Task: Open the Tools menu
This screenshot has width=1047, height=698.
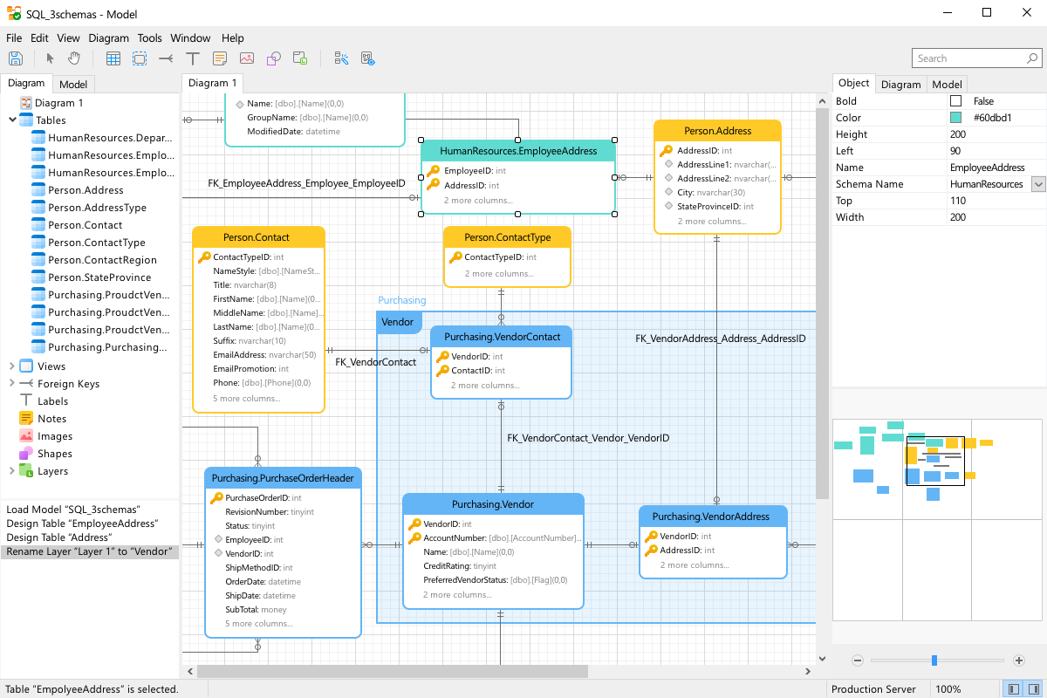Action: point(149,38)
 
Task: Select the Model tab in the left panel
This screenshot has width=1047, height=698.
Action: point(73,85)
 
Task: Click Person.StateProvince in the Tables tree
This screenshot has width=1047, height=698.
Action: point(99,277)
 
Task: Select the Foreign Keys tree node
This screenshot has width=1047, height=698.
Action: point(68,384)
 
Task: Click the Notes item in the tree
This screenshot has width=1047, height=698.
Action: point(52,419)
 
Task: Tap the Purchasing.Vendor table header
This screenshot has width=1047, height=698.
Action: point(492,504)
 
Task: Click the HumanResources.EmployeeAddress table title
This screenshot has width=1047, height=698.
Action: point(518,151)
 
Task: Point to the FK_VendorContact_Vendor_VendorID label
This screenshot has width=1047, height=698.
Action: point(588,438)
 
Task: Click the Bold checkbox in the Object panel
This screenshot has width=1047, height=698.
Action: point(956,101)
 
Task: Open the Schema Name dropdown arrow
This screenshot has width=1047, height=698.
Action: point(1038,184)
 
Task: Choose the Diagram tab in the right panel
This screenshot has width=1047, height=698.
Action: point(900,85)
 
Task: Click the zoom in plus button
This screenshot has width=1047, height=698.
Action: point(1019,660)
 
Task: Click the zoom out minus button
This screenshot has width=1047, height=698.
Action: point(858,660)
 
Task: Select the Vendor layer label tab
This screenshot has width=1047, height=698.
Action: point(398,322)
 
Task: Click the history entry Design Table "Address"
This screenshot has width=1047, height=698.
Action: point(58,537)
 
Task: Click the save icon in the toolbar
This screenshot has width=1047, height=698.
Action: point(16,58)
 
